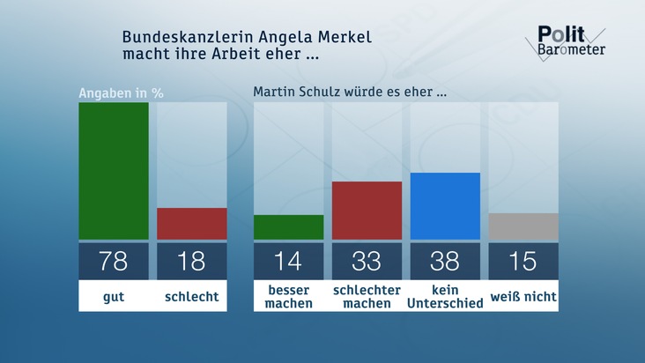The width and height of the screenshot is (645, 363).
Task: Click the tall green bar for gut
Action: coord(114,171)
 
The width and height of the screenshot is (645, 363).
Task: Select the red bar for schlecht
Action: coord(191,224)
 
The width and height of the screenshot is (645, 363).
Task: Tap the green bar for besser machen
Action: coord(288,227)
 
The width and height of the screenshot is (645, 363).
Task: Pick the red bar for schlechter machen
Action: coord(367,211)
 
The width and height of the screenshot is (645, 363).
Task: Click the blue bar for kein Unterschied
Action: coord(445,206)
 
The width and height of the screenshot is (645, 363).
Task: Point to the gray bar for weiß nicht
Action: coord(523,226)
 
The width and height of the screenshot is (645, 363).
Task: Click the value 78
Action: coord(114,261)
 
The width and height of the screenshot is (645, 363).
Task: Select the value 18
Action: coord(191,261)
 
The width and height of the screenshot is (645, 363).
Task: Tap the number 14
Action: coord(288,261)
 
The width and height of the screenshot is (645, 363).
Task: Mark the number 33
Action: coord(367,261)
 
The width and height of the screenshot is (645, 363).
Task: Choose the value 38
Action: coord(445,261)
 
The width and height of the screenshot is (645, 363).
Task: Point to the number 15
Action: coord(523,261)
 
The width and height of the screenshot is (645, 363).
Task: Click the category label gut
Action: coord(114,297)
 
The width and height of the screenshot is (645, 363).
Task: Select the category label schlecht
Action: coord(191,297)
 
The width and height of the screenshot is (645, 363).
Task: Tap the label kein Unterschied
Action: coord(445,297)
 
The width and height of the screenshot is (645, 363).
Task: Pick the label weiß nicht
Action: coord(523,297)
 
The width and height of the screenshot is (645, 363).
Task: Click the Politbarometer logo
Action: coord(570,41)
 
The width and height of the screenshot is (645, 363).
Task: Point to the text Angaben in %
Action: coord(122,93)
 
